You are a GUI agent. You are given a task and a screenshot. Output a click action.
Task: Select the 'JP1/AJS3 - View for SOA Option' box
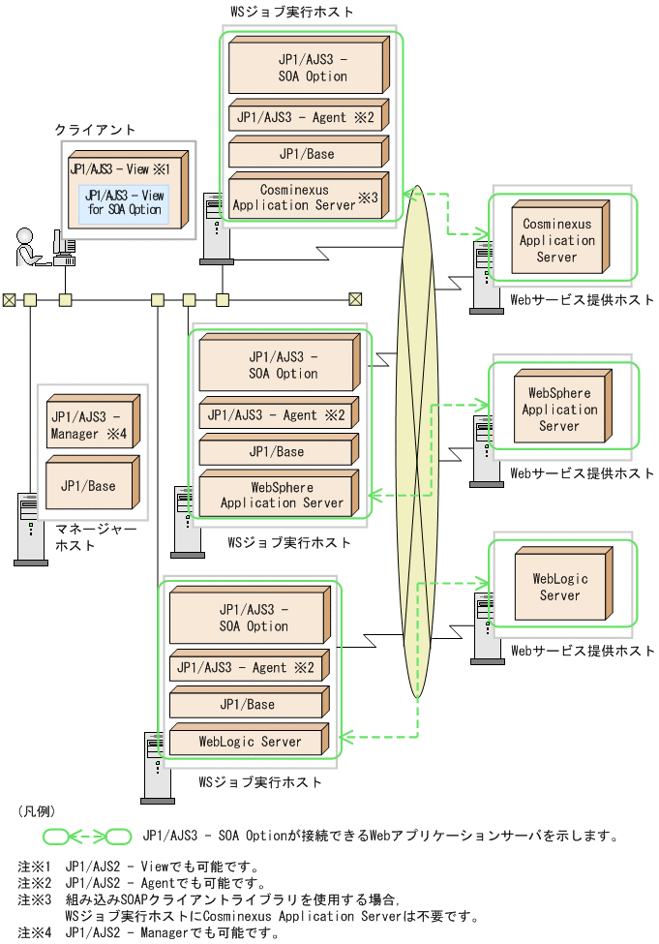124,202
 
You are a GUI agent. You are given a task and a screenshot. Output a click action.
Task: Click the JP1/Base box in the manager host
88,486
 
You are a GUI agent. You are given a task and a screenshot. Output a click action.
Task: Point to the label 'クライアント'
95,129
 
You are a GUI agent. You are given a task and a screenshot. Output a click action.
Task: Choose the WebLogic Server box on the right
559,587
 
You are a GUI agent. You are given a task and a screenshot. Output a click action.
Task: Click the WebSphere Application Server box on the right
559,410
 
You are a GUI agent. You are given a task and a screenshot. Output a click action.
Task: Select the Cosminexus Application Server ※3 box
306,198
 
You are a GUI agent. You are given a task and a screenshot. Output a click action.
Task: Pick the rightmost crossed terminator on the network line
355,299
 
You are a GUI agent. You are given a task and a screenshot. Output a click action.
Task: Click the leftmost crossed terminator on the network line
9,299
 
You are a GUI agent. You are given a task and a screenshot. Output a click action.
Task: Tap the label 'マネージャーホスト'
96,537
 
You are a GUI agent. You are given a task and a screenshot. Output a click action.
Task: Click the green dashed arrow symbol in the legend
87,836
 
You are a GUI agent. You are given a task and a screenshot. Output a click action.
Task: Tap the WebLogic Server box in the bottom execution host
250,742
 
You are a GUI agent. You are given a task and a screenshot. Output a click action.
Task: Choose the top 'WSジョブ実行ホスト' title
291,12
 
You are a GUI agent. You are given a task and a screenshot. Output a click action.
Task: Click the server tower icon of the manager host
30,529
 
